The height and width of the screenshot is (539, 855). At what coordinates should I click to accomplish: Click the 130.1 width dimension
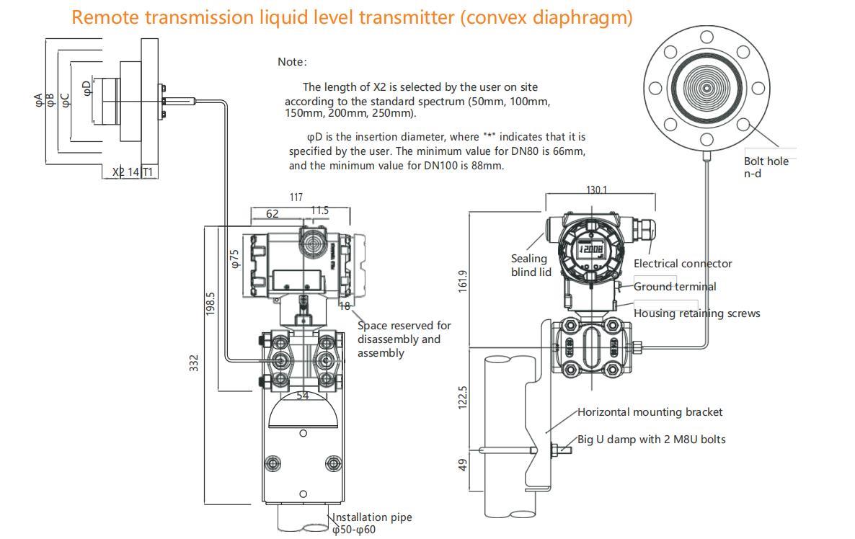coord(596,190)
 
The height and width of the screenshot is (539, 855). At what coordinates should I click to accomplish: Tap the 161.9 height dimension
coord(463,280)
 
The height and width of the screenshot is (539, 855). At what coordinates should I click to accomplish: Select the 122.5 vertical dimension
coord(463,397)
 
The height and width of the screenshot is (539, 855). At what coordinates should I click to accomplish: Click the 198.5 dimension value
coord(211,303)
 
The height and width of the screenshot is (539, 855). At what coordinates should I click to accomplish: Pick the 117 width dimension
coord(296,197)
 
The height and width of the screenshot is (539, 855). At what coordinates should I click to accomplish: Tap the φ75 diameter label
coord(234,259)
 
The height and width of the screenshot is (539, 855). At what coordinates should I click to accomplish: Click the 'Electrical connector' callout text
coord(683,264)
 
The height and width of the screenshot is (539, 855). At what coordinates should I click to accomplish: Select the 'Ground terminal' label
coord(675,287)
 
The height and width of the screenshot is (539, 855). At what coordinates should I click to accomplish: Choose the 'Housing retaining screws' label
coord(696,313)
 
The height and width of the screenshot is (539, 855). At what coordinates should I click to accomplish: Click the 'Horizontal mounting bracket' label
coord(650,412)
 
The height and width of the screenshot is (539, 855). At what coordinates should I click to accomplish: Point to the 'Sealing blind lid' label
coord(531,265)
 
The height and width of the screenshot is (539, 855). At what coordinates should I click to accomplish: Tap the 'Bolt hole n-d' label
coord(766,167)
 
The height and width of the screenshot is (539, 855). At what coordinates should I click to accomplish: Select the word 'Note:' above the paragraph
coord(292,62)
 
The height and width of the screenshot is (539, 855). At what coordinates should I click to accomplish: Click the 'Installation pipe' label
coord(372,517)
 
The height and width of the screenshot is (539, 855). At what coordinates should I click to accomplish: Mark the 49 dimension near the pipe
coord(463,465)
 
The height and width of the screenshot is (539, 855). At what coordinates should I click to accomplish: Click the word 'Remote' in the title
coord(105,17)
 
